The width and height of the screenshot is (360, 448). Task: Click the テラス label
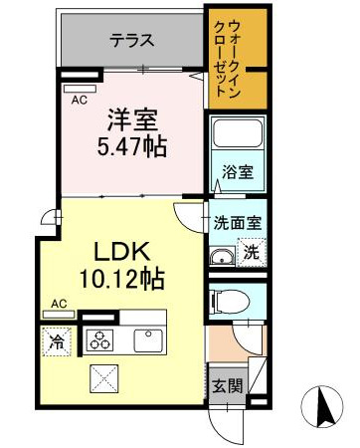(131, 41)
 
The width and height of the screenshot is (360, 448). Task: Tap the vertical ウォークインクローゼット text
(234, 58)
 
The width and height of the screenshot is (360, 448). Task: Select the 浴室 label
(238, 171)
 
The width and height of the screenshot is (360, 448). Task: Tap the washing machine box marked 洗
(253, 253)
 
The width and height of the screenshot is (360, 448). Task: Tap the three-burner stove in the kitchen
(99, 339)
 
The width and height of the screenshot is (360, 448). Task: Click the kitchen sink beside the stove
(148, 339)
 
